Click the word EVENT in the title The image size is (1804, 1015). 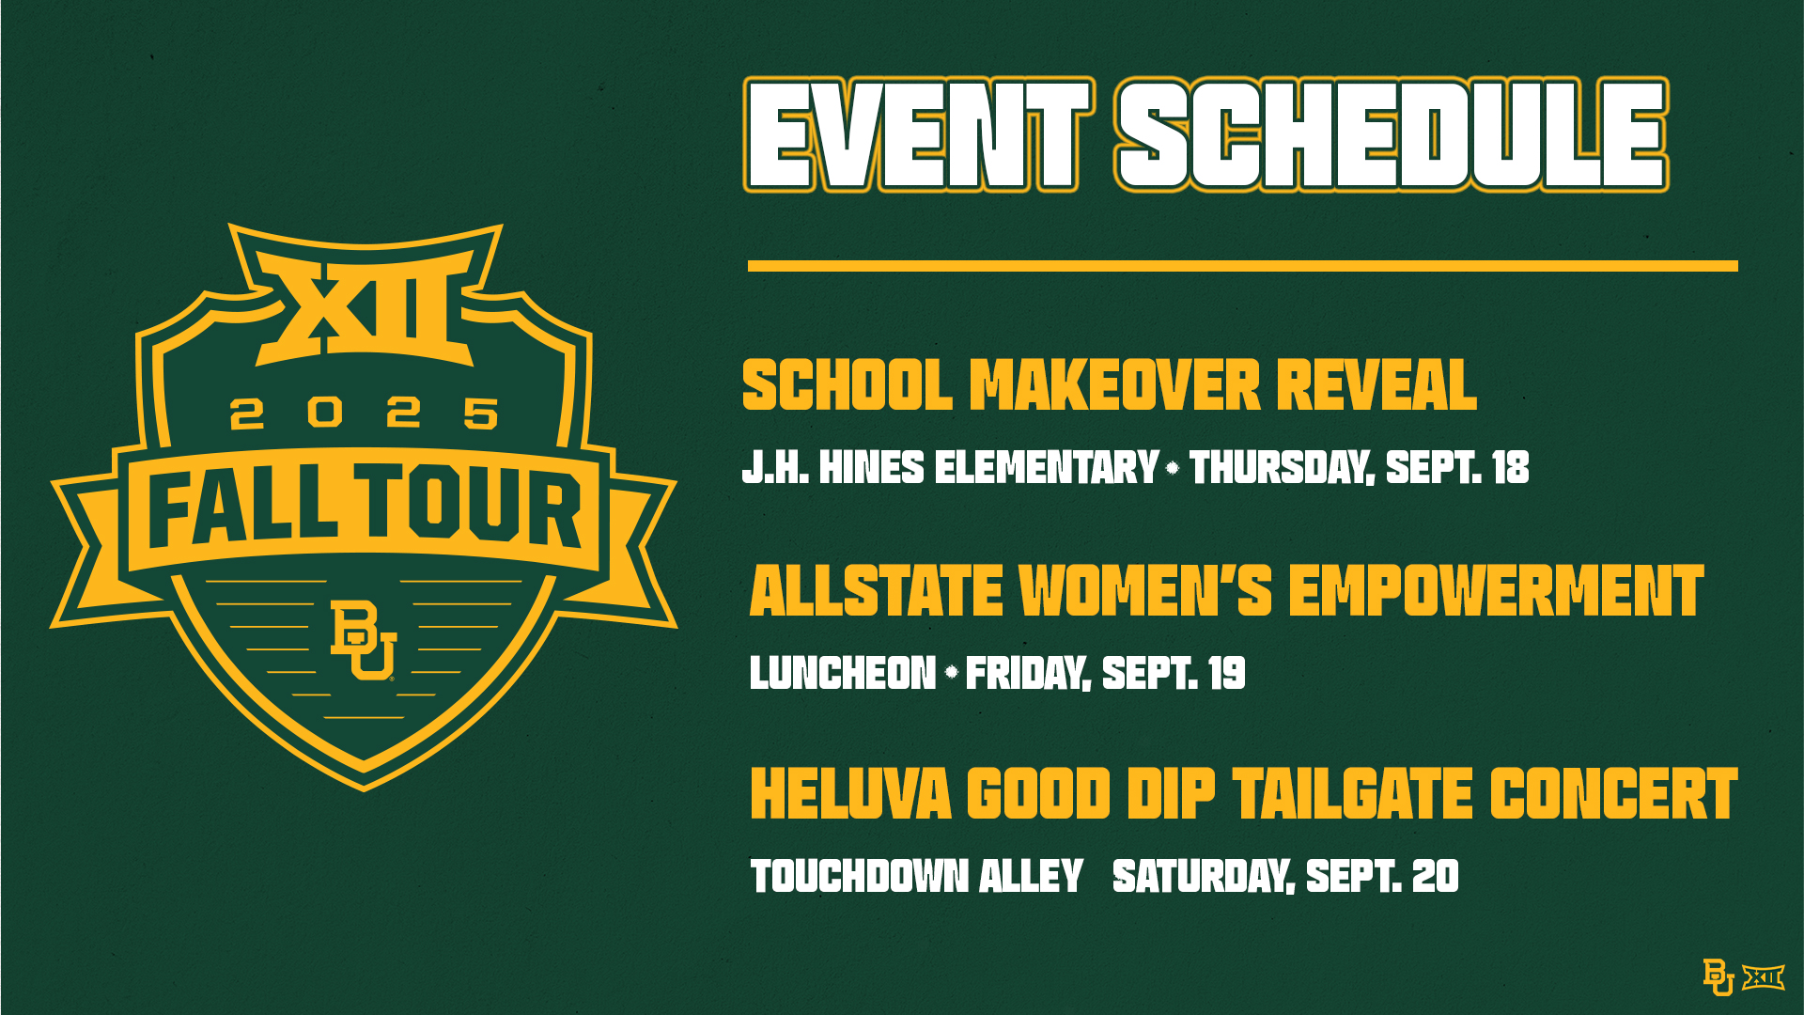coord(918,134)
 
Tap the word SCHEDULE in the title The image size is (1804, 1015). coord(1392,134)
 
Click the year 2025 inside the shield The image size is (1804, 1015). coord(365,413)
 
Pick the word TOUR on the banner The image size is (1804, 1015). coord(471,505)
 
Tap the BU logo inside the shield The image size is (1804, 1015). coord(364,640)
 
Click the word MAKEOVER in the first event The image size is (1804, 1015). coord(1114,385)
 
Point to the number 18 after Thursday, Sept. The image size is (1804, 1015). coord(1511,467)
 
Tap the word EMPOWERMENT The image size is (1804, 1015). coord(1496,590)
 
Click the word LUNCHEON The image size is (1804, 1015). coord(843,673)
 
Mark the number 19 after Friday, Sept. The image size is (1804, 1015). coord(1227,673)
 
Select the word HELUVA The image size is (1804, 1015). coord(851,794)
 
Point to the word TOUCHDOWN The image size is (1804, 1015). coord(860,876)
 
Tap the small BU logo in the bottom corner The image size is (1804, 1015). coord(1718,977)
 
